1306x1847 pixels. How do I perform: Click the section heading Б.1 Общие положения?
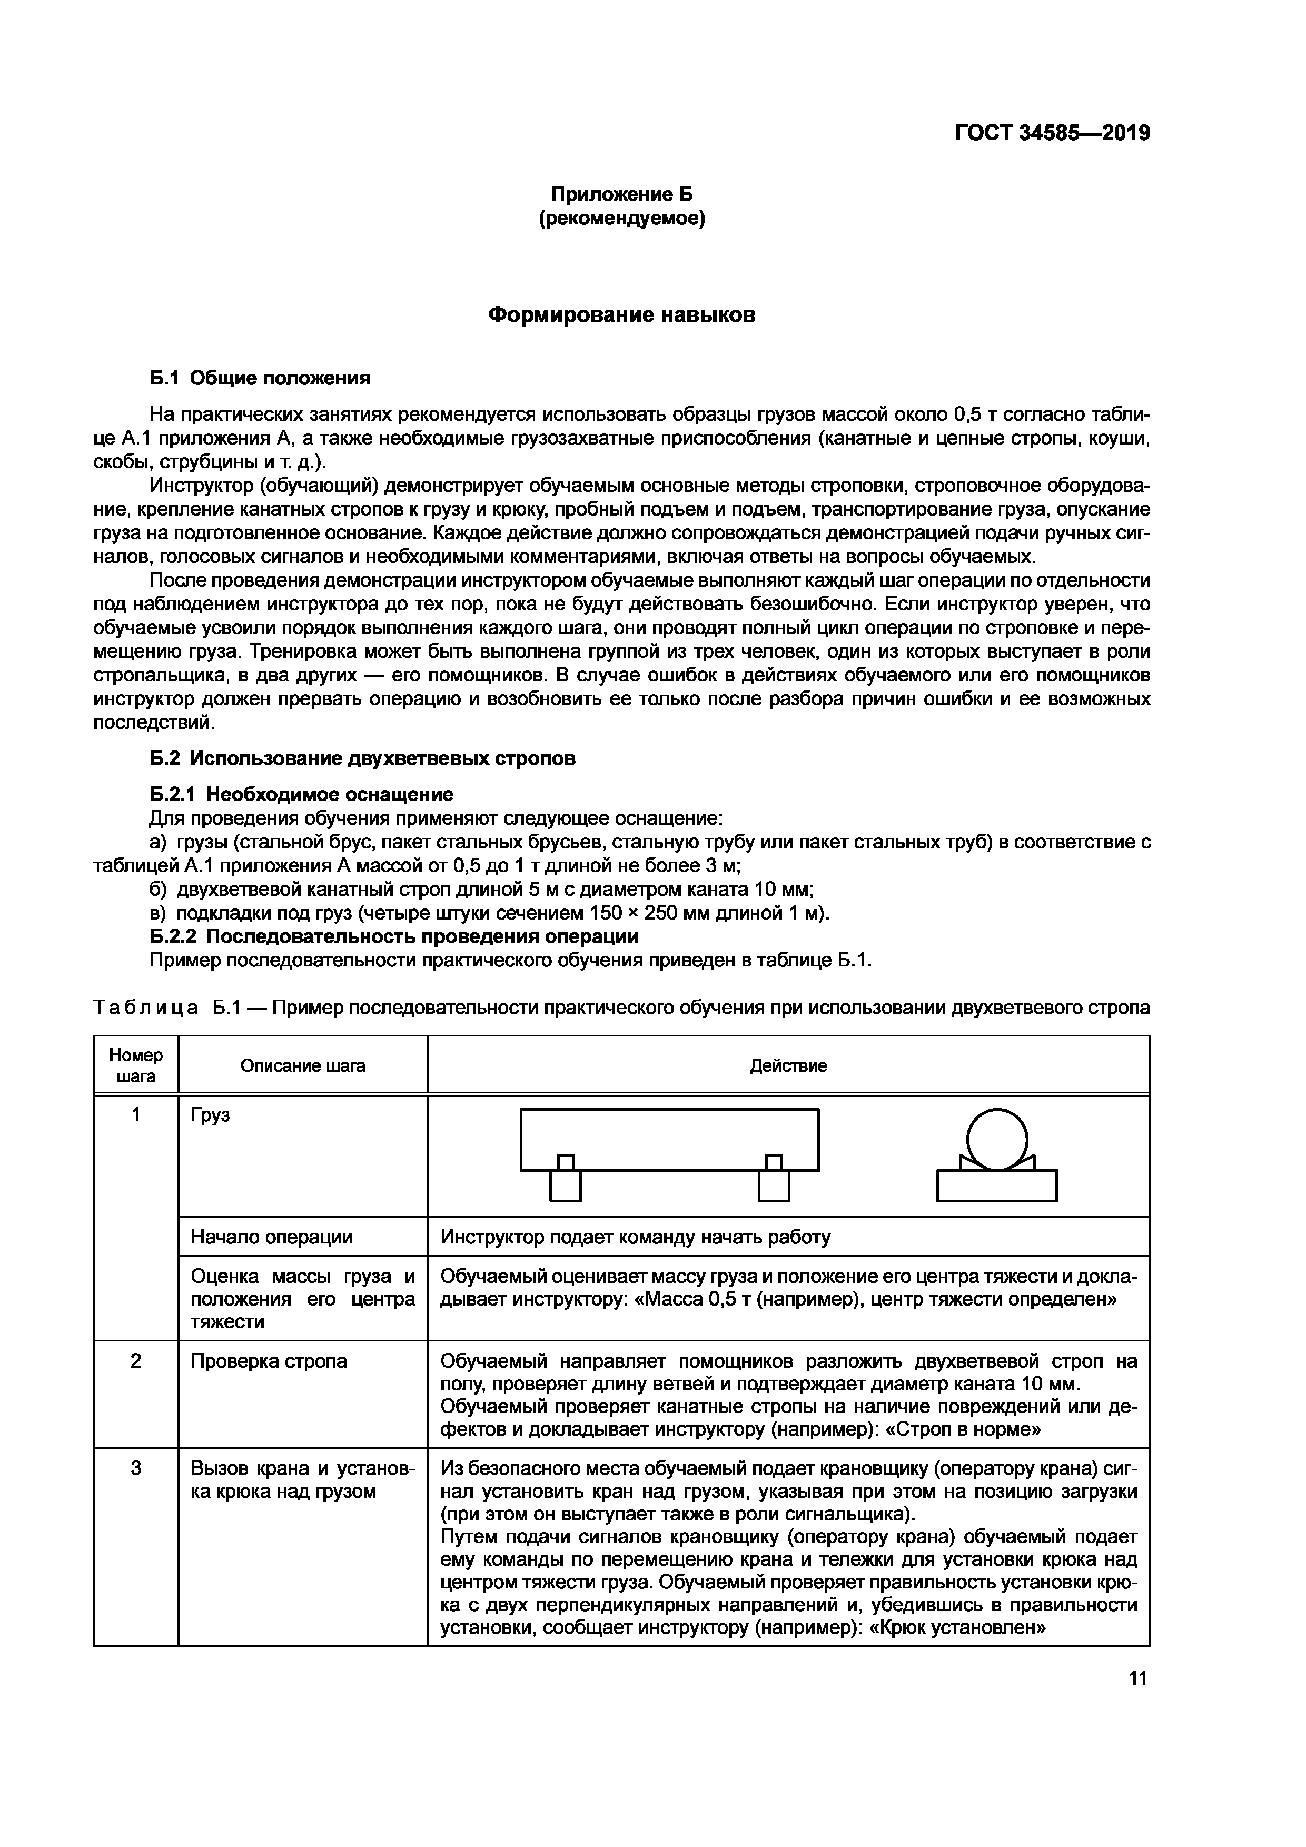pyautogui.click(x=260, y=378)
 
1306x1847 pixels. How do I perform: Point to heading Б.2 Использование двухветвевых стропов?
pyautogui.click(x=363, y=758)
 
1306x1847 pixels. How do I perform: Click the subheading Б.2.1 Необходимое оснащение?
pyautogui.click(x=302, y=794)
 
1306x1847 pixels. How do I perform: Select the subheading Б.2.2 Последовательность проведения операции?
pyautogui.click(x=394, y=936)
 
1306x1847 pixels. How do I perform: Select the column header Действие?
pyautogui.click(x=788, y=1066)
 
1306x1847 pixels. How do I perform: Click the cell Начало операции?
pyautogui.click(x=271, y=1237)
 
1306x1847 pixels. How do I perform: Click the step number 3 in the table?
pyautogui.click(x=136, y=1468)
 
